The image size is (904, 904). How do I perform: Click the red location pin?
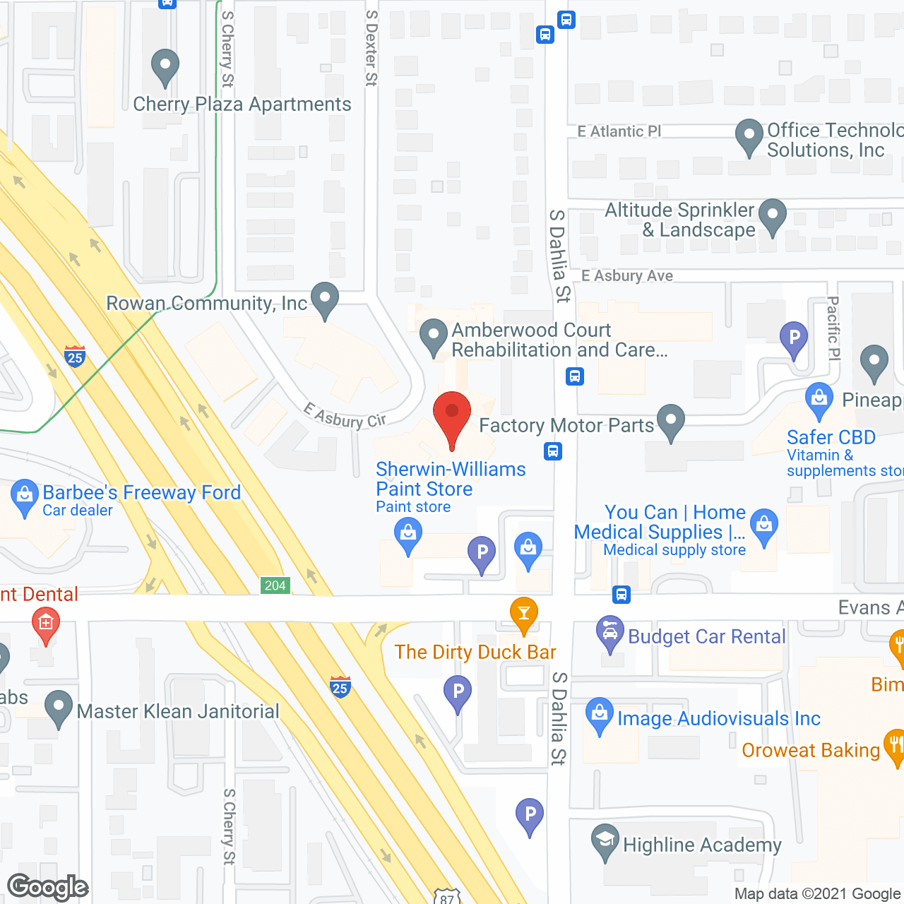452,417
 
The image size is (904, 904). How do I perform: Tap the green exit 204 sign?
275,585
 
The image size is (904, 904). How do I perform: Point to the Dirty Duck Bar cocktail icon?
523,613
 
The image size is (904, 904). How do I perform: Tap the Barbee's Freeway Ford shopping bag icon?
25,496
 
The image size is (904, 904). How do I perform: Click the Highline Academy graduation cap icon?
605,843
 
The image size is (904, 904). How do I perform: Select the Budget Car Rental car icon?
609,633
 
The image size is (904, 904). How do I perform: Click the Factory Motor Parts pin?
671,422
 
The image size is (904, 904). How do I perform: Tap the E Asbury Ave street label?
627,276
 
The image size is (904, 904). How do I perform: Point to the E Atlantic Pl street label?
619,131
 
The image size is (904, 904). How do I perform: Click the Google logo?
48,887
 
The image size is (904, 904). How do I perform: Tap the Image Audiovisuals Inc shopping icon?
600,715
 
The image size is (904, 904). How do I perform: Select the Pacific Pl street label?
833,328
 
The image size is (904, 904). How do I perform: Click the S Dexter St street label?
371,48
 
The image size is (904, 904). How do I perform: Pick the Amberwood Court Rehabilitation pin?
434,337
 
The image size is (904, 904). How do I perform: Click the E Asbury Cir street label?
345,416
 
